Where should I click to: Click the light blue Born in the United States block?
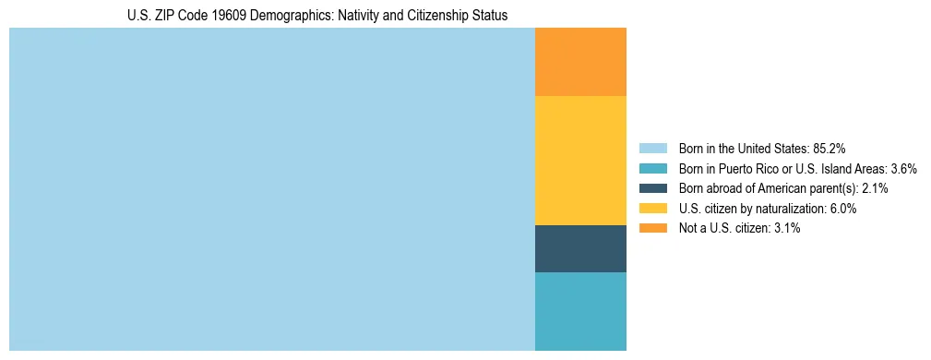click(272, 189)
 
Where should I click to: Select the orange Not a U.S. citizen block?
click(580, 62)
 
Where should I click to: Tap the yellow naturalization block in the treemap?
click(580, 161)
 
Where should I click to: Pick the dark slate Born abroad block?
click(580, 248)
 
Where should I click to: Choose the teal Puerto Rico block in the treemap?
click(580, 311)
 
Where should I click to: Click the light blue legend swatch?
click(652, 149)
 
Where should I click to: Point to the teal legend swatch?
click(652, 169)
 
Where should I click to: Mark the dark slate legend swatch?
click(652, 188)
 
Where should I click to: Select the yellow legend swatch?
click(652, 209)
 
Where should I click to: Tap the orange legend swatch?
click(652, 228)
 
